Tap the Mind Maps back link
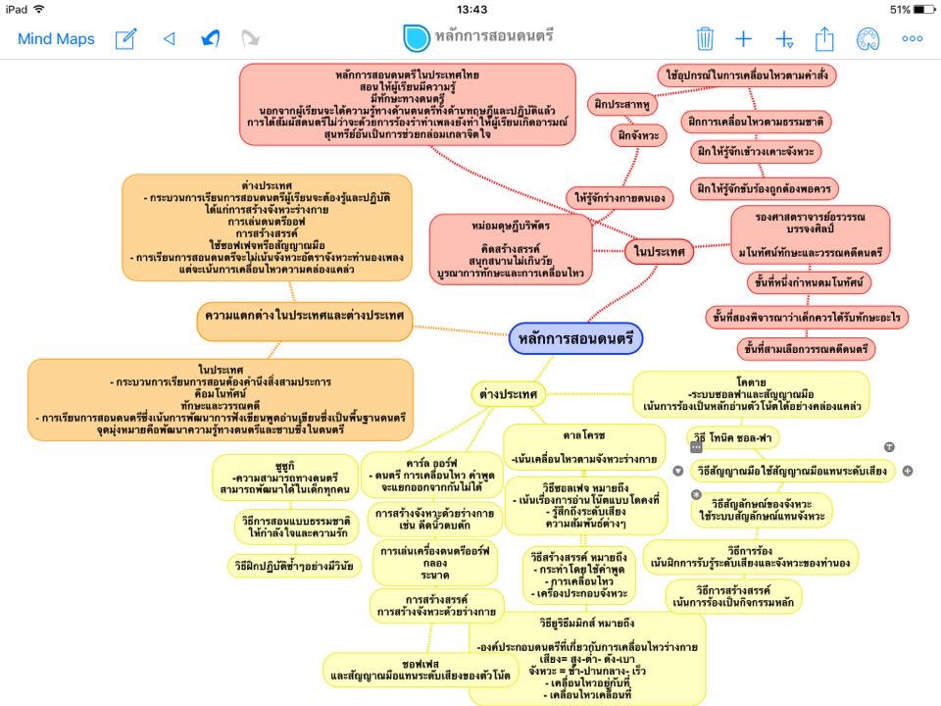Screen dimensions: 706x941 (56, 39)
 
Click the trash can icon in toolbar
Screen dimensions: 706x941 (705, 39)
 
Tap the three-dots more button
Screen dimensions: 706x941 (912, 39)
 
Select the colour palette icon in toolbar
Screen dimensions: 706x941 (867, 39)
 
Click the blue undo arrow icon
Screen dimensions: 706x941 (210, 39)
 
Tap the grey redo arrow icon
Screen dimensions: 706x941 (251, 39)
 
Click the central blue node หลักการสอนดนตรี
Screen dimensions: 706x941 (575, 338)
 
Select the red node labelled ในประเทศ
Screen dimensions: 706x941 (659, 252)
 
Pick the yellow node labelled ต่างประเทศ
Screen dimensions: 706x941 (508, 394)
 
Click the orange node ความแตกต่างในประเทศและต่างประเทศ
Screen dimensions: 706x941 (304, 316)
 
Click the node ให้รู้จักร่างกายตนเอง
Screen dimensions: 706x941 (619, 197)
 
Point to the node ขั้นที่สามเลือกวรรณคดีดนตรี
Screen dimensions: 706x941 (807, 348)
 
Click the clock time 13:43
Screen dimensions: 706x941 (471, 9)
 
